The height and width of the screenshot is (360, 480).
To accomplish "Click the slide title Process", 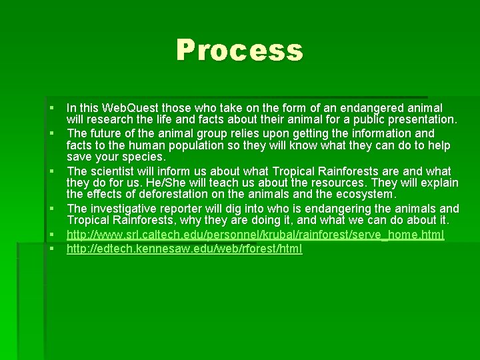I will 239,51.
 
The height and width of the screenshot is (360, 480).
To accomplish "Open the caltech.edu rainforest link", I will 255,235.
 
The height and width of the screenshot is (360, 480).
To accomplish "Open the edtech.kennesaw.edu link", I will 184,249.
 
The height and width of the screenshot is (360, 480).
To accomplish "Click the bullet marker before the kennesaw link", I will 51,249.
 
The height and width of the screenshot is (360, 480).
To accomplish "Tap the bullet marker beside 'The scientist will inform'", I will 51,170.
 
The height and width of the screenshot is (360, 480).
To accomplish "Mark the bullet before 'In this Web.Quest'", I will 51,108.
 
